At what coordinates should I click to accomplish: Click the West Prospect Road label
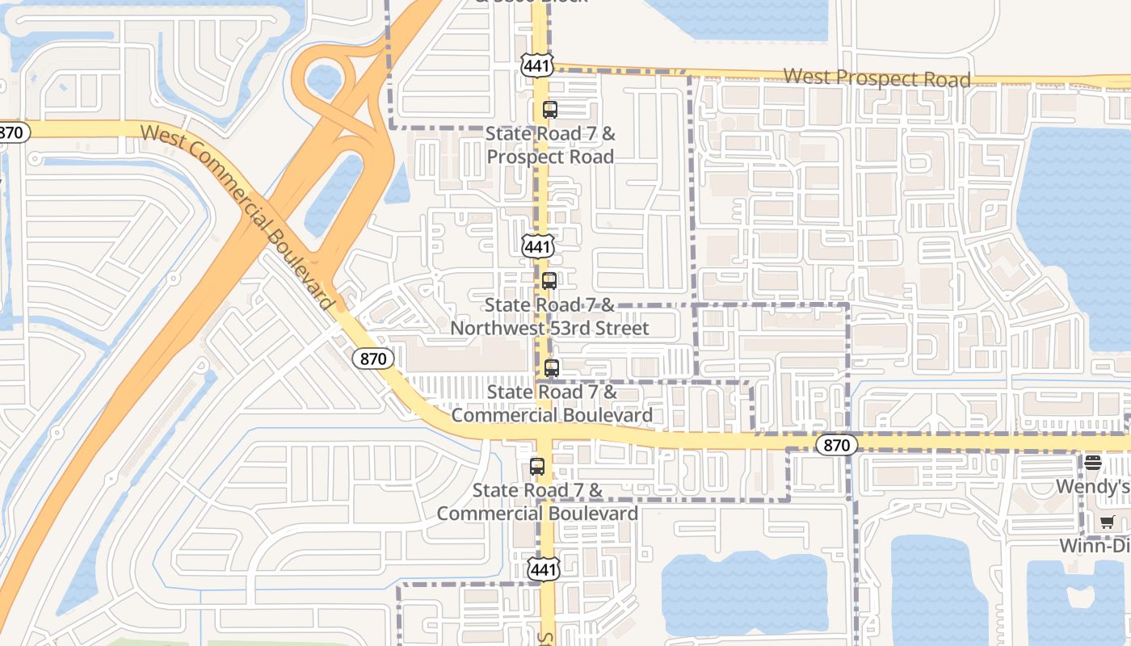click(877, 78)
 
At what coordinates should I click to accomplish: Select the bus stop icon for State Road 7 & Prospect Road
click(550, 110)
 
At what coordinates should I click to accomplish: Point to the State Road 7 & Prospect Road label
click(551, 145)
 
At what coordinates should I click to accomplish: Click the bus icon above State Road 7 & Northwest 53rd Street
click(549, 281)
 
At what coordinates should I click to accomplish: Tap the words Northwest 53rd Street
click(549, 329)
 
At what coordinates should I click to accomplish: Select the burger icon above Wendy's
click(1093, 463)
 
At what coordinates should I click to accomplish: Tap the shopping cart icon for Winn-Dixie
click(1107, 522)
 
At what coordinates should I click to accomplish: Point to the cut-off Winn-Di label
click(1095, 547)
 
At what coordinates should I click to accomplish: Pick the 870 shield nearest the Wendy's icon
click(836, 445)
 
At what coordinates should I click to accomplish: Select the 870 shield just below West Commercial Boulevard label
click(372, 358)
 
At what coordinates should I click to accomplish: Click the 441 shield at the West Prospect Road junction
click(536, 65)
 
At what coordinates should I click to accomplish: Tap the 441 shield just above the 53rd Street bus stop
click(538, 246)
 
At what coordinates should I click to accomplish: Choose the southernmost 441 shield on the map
click(544, 569)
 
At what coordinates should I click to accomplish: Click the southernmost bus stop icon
click(537, 467)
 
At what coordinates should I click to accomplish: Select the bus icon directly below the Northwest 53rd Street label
click(552, 368)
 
